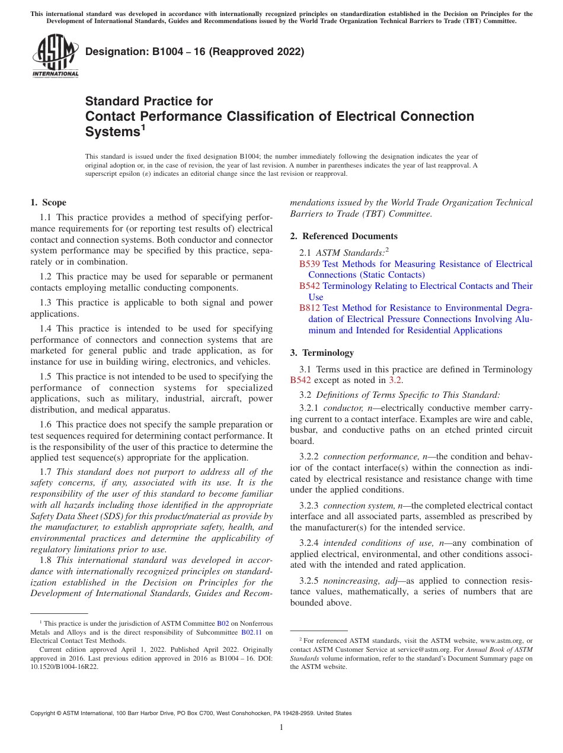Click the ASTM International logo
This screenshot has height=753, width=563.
click(x=55, y=57)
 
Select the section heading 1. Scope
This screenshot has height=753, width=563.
click(x=49, y=202)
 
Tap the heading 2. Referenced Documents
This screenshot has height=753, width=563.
click(x=344, y=236)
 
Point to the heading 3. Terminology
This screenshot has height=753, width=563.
click(x=322, y=353)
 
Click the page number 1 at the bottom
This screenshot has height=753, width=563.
click(x=281, y=728)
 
